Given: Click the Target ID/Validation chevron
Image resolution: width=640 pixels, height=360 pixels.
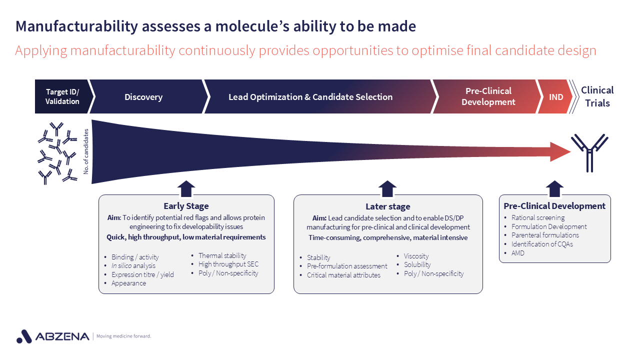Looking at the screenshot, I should click(x=62, y=96).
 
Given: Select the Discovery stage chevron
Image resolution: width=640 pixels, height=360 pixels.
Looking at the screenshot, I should click(x=143, y=97).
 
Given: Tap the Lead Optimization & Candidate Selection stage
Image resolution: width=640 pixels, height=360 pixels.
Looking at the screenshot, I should click(x=310, y=97).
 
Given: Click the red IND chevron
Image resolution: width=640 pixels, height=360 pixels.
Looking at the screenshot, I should click(x=555, y=97).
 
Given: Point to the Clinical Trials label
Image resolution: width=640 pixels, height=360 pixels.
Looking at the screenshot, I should click(x=597, y=96).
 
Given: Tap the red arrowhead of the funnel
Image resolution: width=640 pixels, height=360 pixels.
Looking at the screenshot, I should click(x=560, y=151).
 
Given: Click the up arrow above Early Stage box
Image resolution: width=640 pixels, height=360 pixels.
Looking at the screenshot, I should click(x=186, y=188).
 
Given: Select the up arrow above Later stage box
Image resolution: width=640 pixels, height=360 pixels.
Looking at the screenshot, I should click(x=387, y=188).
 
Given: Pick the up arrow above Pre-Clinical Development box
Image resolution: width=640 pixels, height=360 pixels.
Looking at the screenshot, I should click(x=554, y=188).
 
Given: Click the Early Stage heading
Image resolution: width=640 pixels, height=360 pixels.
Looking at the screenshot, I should click(x=186, y=206).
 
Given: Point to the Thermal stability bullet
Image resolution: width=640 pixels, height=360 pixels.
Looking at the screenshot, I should click(x=222, y=255).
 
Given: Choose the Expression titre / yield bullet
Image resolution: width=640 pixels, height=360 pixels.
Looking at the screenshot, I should click(x=142, y=274).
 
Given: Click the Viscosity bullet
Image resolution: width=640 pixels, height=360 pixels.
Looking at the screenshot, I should click(x=416, y=256).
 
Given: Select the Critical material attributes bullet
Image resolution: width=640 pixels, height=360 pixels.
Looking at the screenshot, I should click(x=343, y=275).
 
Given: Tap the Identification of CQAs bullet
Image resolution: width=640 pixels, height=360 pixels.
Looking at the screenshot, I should click(x=542, y=244).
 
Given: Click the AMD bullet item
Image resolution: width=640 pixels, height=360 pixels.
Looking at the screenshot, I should click(x=517, y=253).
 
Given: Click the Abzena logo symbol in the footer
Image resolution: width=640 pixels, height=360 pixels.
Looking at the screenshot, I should click(x=24, y=336).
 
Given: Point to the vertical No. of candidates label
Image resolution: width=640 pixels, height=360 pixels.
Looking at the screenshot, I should click(x=86, y=151).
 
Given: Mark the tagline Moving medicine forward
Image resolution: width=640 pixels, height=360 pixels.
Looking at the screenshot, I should click(x=123, y=336).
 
